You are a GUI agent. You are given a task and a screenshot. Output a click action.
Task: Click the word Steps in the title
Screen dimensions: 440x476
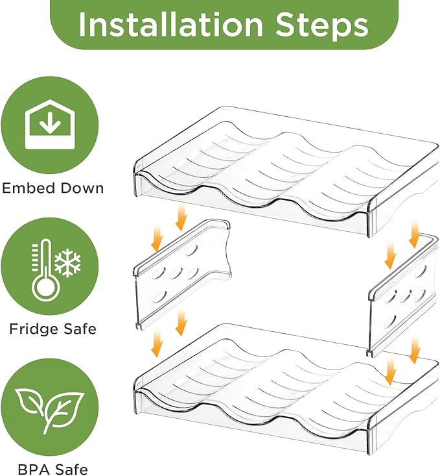point(321,25)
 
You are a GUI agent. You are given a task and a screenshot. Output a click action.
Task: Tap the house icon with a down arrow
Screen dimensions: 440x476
point(50,125)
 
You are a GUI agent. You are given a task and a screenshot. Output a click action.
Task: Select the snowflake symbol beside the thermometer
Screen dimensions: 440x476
point(68,263)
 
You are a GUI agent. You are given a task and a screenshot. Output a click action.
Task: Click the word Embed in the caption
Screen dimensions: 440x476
point(29,188)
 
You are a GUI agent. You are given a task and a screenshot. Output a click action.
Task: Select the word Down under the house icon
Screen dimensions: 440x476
point(82,188)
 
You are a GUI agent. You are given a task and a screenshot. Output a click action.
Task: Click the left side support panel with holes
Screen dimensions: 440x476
point(182,275)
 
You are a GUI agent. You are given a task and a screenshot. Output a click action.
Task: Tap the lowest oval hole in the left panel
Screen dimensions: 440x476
point(159,297)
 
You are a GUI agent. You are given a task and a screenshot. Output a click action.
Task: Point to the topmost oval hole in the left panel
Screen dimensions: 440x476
point(191,252)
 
